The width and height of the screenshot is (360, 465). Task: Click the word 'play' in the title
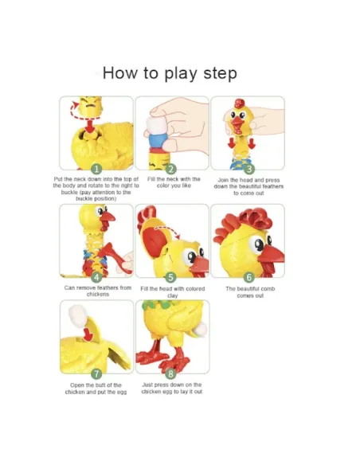point(181,73)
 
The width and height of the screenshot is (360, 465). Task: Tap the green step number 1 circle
point(96,170)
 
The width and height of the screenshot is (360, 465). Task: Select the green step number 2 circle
point(170,170)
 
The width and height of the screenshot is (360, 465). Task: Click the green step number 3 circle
point(249,169)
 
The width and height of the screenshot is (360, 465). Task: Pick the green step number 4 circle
point(96,277)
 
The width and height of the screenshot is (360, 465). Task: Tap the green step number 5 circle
point(170,277)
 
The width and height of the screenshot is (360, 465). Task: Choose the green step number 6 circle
point(249,277)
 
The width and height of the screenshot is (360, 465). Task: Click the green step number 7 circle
point(96,373)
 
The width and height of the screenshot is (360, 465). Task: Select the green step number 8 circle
point(170,373)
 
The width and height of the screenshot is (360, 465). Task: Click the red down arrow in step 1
point(89,126)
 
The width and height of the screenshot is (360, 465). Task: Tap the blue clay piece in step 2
point(155,139)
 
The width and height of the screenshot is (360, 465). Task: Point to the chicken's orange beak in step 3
point(237,124)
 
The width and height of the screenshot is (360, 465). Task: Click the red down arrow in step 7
point(88,334)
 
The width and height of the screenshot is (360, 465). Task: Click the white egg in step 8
point(201,330)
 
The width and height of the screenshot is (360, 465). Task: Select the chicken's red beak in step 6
point(271,256)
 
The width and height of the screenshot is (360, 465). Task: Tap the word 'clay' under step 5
point(172,295)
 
